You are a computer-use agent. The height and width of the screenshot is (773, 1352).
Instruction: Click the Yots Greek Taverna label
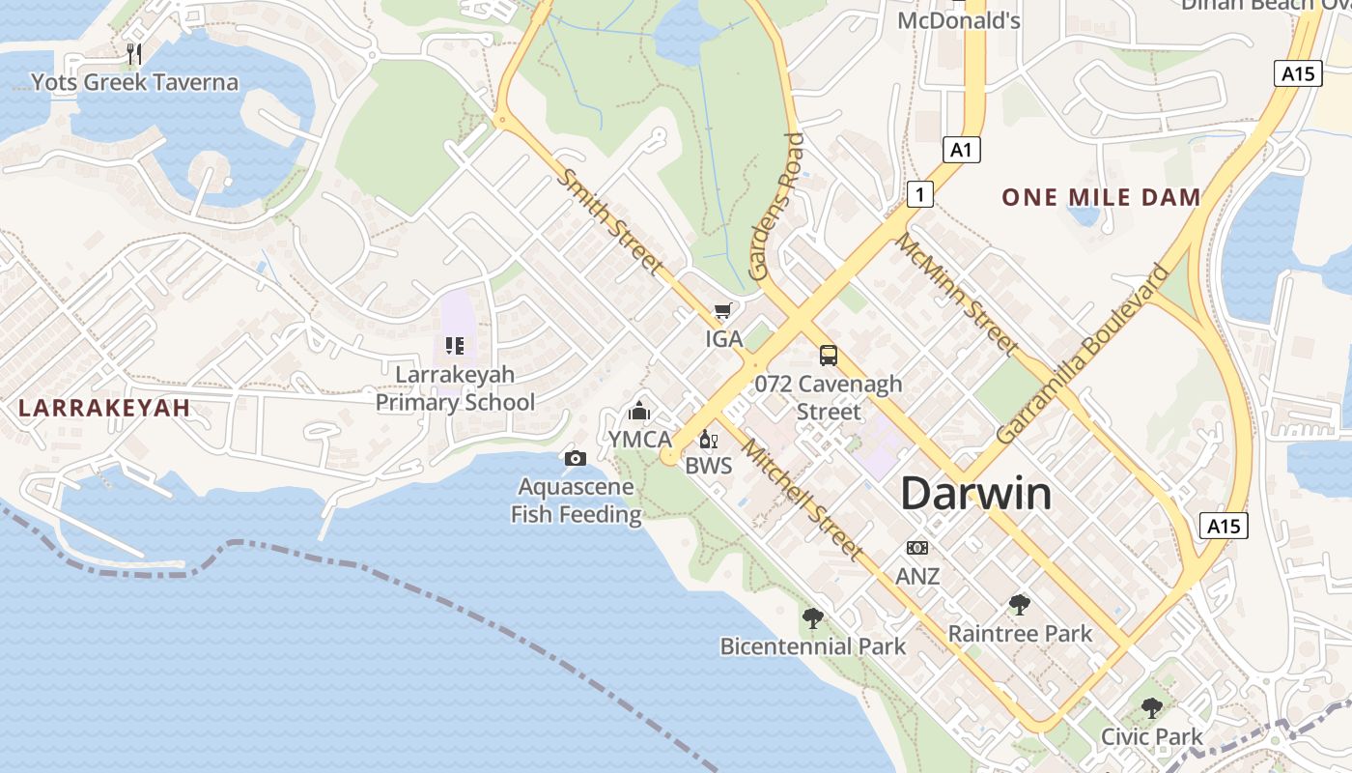coord(134,82)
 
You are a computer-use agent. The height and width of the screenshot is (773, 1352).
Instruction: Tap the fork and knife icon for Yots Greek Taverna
coord(134,54)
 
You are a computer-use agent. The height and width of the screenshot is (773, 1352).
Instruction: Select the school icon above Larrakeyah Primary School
coord(455,345)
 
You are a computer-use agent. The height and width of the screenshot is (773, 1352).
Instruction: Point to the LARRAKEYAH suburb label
coord(104,408)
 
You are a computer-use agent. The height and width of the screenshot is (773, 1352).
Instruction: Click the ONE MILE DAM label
coord(1101,198)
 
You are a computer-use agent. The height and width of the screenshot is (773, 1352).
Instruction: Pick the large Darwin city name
coord(975,494)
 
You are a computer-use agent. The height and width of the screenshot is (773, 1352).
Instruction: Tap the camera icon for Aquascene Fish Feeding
coord(576,458)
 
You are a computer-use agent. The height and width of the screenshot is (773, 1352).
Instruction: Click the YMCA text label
coord(639,440)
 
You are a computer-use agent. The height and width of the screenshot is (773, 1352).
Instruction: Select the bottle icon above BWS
coord(708,440)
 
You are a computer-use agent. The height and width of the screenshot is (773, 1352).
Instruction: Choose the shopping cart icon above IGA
coord(722,311)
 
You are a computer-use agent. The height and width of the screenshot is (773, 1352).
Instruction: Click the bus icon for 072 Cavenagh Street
coord(829,355)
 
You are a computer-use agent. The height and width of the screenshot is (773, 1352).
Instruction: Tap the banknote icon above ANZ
coord(917,548)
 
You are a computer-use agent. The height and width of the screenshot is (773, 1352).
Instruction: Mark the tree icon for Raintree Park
coord(1019,605)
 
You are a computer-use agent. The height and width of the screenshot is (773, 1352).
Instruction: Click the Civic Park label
coord(1152,737)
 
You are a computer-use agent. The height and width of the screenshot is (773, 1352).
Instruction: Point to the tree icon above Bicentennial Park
coord(813,617)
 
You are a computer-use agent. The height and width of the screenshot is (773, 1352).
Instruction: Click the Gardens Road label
coord(777,207)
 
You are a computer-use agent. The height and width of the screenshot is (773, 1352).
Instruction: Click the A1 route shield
coord(961,150)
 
